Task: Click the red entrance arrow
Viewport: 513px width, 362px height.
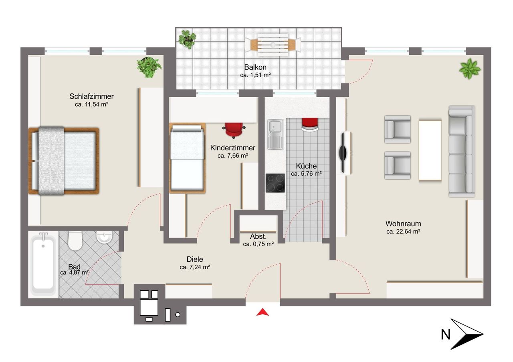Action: (263, 312)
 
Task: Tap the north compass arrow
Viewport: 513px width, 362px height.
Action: (467, 334)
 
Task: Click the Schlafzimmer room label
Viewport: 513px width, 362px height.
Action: (91, 96)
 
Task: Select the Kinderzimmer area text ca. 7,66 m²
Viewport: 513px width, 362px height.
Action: (233, 156)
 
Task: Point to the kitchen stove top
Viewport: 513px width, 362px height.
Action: (275, 183)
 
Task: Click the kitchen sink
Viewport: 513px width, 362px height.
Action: (275, 134)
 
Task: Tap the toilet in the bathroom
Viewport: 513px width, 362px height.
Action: (75, 240)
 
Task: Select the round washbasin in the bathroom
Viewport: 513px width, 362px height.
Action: (104, 237)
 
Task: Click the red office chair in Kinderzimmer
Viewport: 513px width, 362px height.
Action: (234, 130)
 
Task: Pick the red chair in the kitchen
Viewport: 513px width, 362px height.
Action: (310, 124)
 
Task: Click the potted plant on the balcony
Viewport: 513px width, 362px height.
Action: (187, 39)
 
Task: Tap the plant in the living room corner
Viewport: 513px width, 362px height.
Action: (470, 68)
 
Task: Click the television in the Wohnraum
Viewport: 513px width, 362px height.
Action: (343, 153)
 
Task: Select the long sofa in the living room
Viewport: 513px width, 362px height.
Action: (461, 152)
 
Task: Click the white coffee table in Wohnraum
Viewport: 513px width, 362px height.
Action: (430, 151)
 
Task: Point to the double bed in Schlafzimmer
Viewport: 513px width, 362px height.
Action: (64, 161)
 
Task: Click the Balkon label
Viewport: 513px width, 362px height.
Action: (255, 67)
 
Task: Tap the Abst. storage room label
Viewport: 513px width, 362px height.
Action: (258, 236)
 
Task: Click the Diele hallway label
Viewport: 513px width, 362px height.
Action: (195, 259)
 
